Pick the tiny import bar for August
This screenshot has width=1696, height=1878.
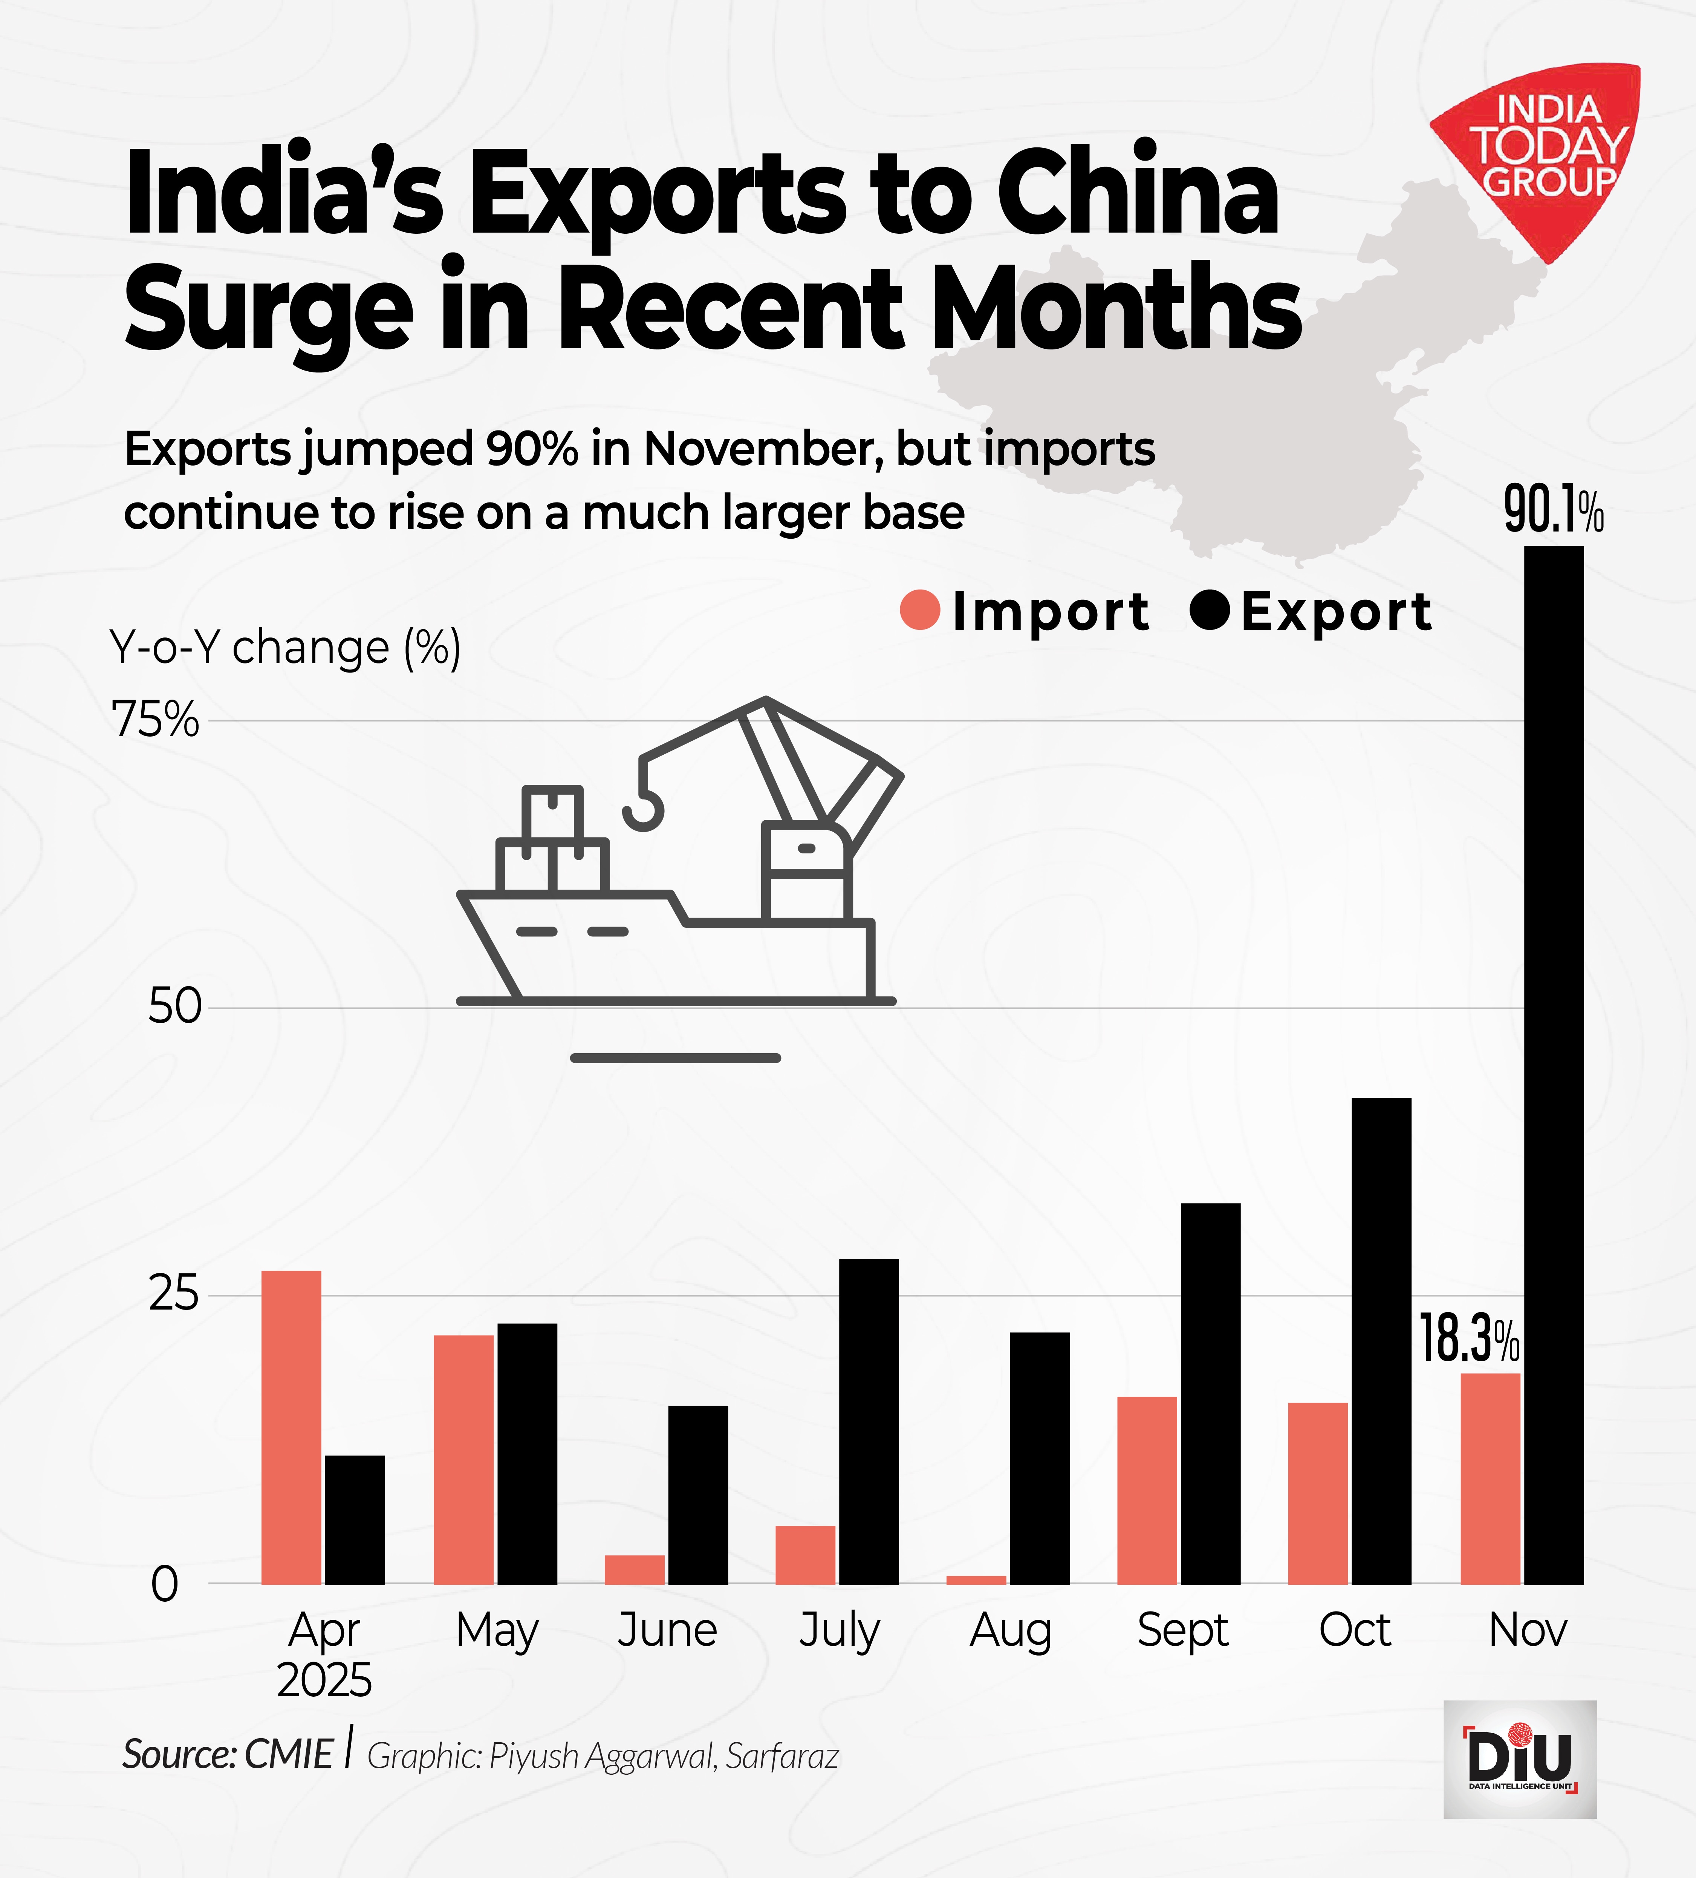coord(976,1579)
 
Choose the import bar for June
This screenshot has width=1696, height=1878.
coord(634,1570)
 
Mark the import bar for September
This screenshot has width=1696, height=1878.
coord(1147,1490)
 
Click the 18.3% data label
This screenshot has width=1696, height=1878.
coord(1469,1340)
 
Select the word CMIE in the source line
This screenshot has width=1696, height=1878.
coord(289,1755)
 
